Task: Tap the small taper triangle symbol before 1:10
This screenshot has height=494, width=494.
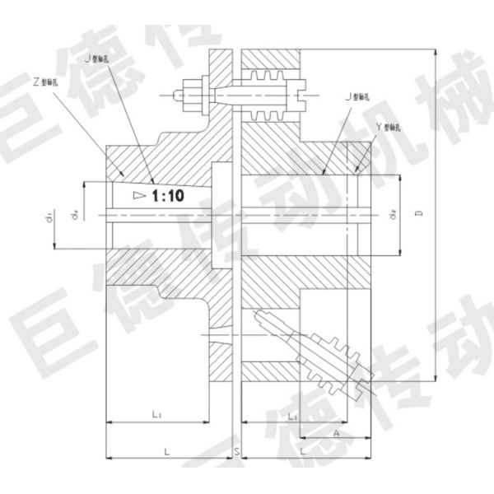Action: tap(138, 195)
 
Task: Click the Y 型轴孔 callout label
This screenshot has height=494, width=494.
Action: tap(389, 128)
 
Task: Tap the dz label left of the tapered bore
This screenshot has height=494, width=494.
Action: tap(74, 214)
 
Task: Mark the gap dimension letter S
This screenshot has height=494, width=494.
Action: tap(236, 453)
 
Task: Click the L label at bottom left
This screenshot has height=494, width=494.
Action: tap(166, 452)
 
